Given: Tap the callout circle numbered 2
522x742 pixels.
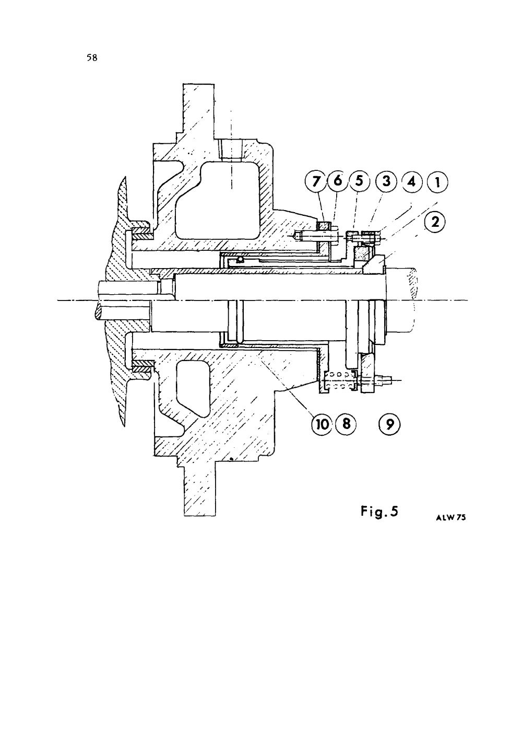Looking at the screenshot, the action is coord(435,222).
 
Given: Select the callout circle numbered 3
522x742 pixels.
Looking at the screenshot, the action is coord(386,181).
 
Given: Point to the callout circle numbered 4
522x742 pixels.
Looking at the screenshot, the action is coord(412,181).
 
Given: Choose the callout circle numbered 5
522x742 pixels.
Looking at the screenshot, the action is coord(359,181).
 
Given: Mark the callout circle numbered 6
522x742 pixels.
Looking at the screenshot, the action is coord(337,181).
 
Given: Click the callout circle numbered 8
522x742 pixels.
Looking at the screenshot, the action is coord(346,423).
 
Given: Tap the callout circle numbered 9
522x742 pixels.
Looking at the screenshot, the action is coord(389,424).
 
